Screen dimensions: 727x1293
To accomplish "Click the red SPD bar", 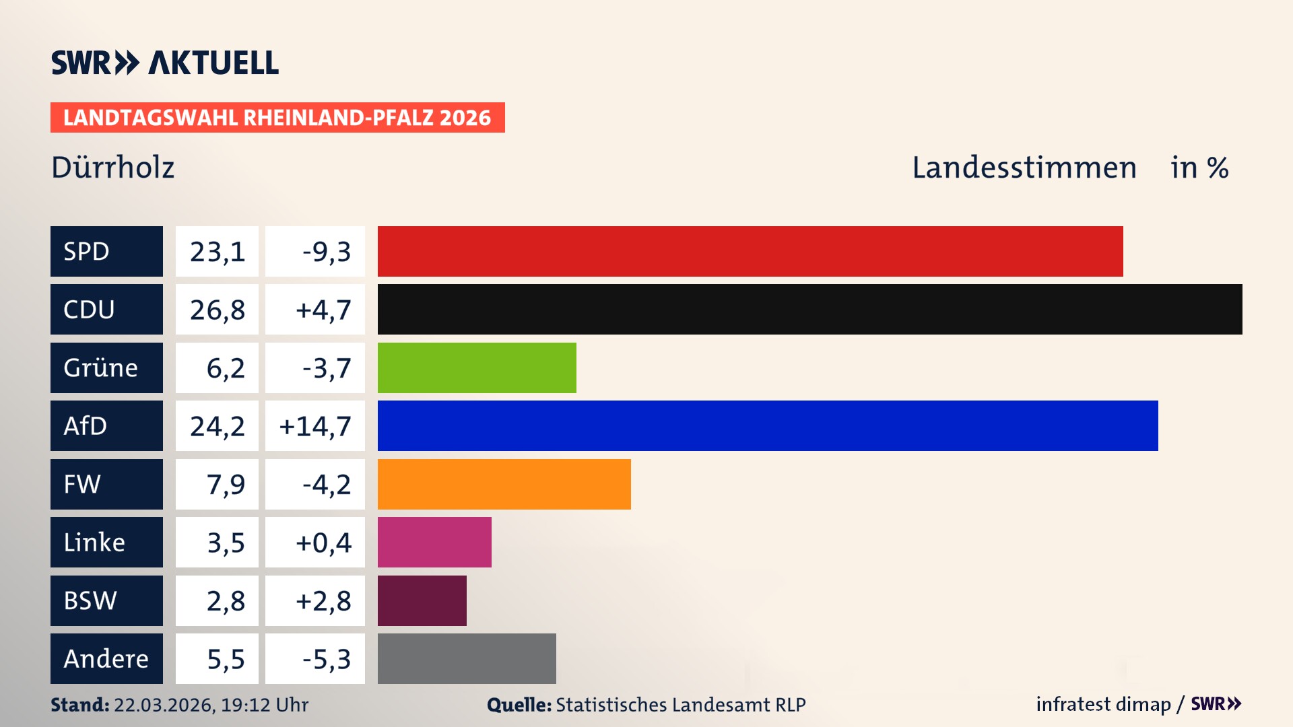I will coord(750,251).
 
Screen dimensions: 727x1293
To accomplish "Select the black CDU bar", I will coord(809,309).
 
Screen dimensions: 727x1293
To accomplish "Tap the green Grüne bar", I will coord(477,368).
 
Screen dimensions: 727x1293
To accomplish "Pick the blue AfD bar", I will coord(768,425).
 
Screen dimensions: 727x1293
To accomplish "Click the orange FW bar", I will coord(504,484).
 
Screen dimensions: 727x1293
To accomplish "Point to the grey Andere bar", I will coord(467,658).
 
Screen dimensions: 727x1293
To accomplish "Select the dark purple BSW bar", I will coord(422,600).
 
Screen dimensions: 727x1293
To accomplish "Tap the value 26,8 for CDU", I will coord(217,310).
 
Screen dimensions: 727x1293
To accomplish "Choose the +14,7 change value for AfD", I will coord(315,426).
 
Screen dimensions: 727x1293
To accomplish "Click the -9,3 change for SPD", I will coord(326,252).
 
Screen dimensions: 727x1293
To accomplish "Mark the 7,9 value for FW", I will coord(226,485).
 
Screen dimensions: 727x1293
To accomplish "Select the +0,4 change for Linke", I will coord(323,543).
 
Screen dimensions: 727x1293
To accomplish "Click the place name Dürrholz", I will coord(112,168).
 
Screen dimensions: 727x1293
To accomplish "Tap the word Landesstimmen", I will coord(1024,168).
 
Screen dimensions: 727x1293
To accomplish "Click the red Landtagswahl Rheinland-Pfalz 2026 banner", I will coord(277,118).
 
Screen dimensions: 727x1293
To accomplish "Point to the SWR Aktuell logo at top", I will coord(165,63).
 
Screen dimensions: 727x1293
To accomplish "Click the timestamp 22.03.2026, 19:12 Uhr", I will coord(211,705).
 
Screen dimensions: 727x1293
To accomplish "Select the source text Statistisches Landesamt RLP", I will coord(680,705).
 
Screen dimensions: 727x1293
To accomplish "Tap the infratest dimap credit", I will coord(1103,704).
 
